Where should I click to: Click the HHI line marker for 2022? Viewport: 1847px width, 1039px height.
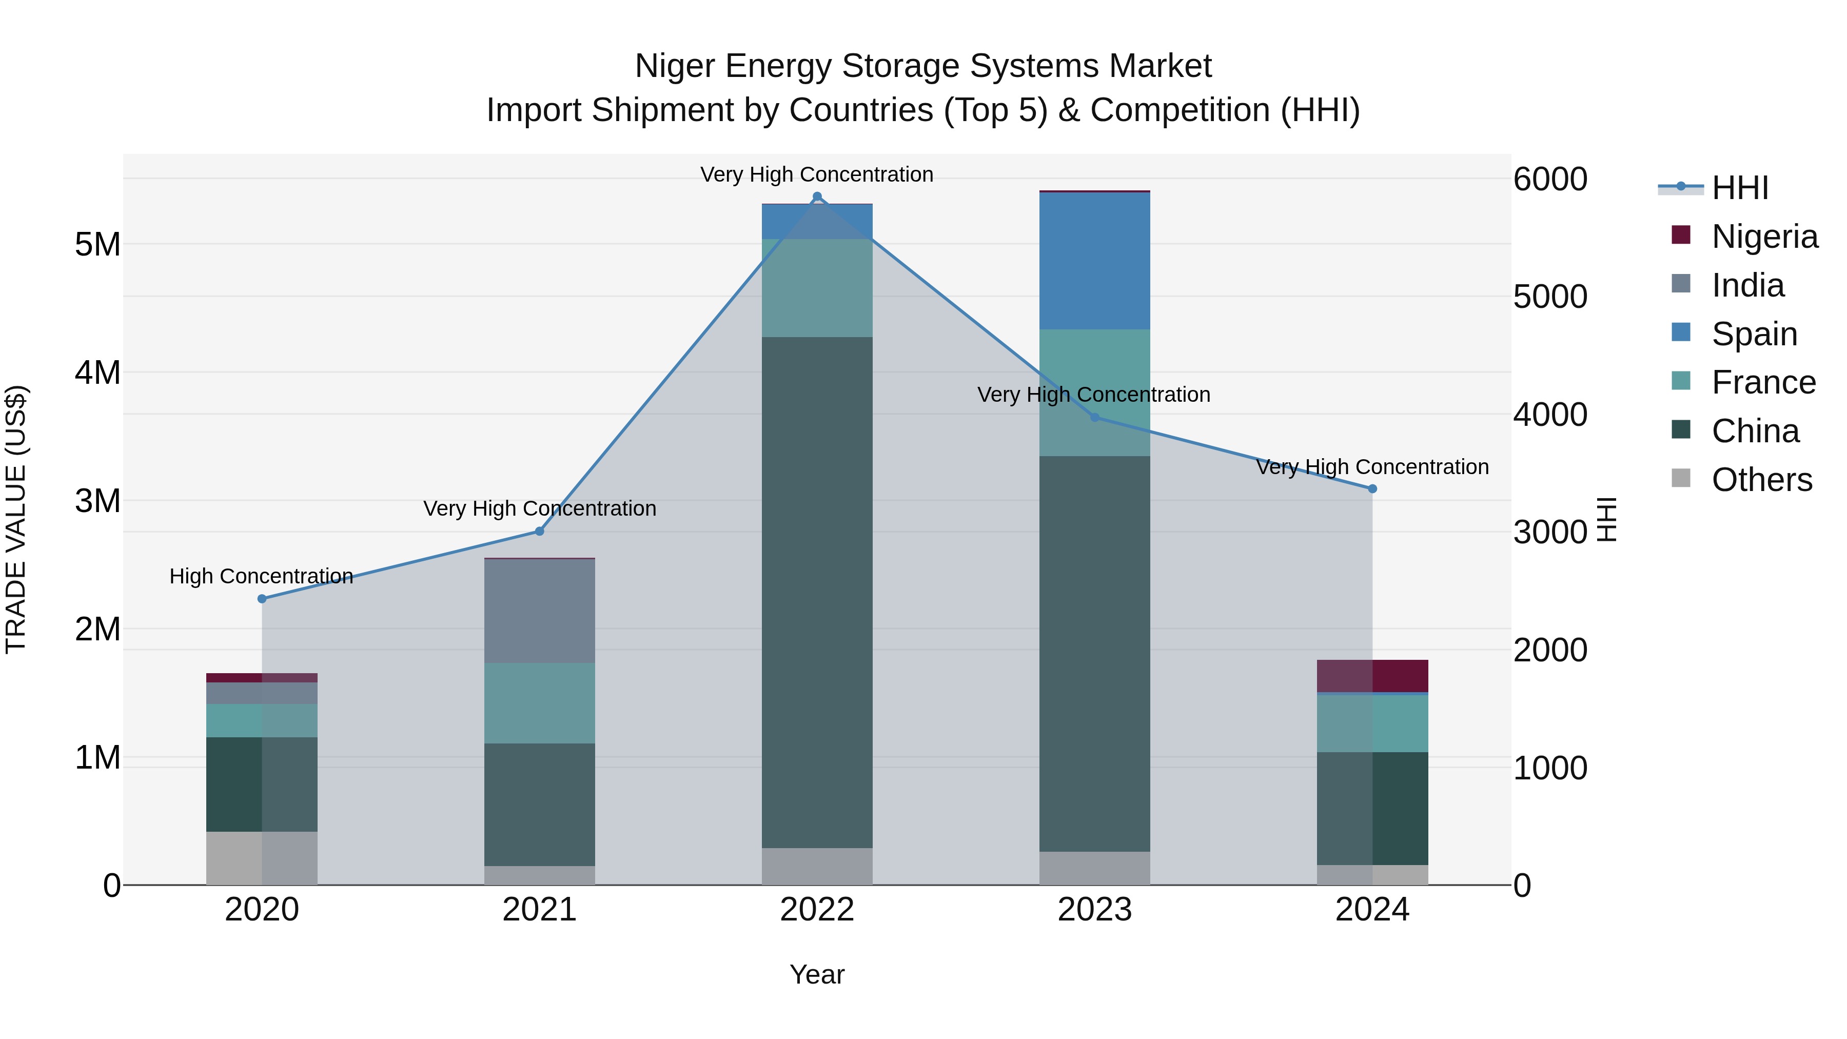click(817, 197)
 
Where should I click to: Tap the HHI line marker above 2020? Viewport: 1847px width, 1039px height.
click(262, 599)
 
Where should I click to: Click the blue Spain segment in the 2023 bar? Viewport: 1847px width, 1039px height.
click(1094, 261)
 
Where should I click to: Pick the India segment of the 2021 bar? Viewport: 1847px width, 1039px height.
click(539, 611)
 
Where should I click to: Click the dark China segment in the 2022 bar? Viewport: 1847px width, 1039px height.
click(817, 592)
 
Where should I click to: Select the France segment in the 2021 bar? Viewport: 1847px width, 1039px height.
click(539, 703)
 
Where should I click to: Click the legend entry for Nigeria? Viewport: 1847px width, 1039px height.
click(1764, 237)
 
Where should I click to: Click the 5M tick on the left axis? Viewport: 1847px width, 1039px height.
click(97, 245)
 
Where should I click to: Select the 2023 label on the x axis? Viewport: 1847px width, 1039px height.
click(1094, 910)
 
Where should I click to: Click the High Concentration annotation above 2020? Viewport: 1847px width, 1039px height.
click(261, 576)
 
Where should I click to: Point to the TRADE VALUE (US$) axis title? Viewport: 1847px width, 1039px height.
click(16, 519)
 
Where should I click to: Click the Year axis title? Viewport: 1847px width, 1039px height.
click(817, 974)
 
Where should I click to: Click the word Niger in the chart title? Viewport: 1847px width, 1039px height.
click(675, 66)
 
